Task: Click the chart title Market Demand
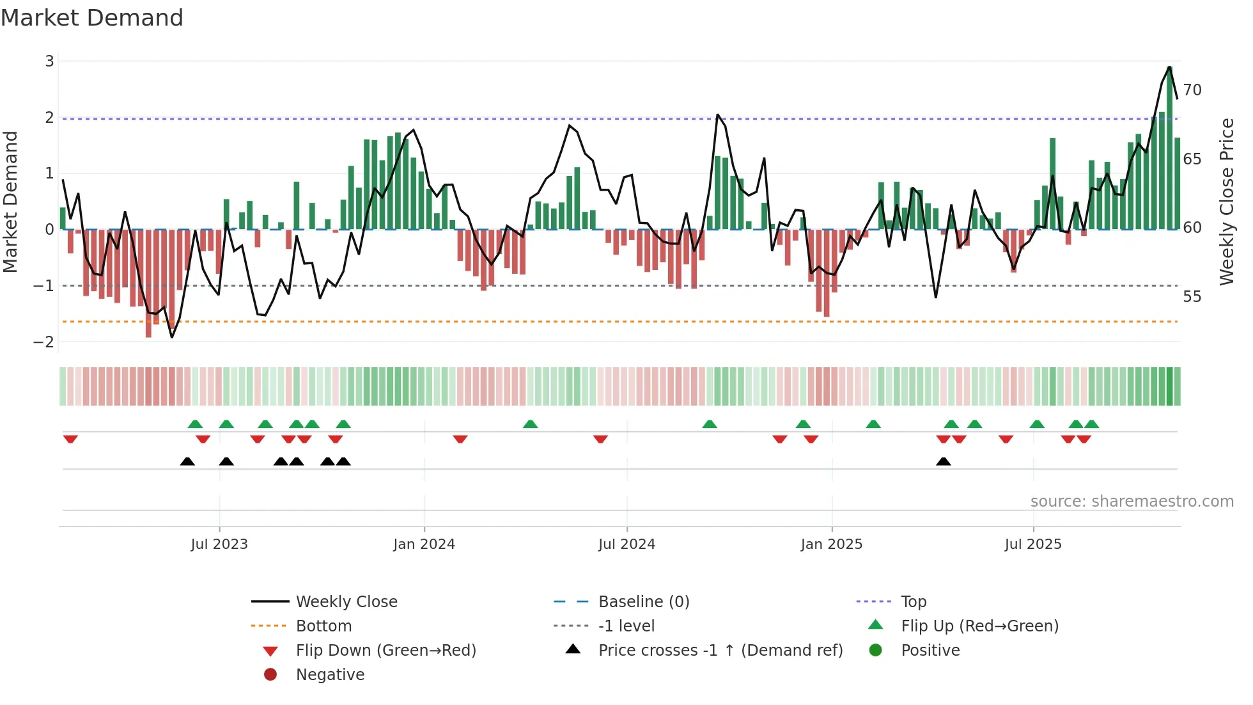92,18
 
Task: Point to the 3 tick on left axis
49,61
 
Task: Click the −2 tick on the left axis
44,342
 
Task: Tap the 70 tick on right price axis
1192,90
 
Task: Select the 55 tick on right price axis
1192,297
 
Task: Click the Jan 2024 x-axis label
424,544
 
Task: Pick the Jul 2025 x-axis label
1032,544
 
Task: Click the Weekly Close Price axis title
1226,202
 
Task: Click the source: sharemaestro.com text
1132,502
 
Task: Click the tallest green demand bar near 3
1169,147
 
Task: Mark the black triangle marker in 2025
943,461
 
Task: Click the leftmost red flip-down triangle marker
70,439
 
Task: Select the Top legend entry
913,602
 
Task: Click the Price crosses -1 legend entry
720,651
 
